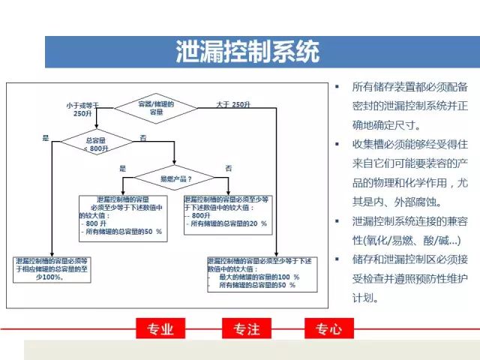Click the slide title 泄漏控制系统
(x=247, y=52)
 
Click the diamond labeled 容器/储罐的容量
(x=157, y=107)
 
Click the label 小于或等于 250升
(x=82, y=109)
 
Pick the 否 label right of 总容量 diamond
(x=143, y=138)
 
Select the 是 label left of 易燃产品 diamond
(x=122, y=168)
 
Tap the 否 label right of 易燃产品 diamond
(x=228, y=168)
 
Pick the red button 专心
(x=328, y=328)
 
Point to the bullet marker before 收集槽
(x=337, y=143)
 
